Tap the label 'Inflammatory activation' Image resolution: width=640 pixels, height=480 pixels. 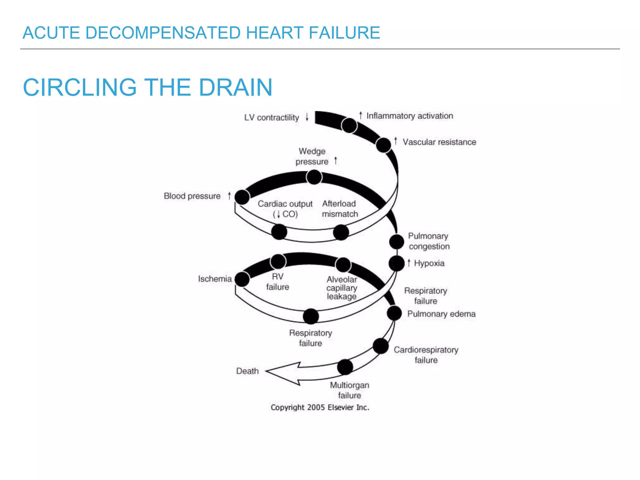(409, 116)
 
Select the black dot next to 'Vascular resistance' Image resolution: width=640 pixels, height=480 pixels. (383, 145)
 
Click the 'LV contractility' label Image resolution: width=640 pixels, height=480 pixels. (272, 118)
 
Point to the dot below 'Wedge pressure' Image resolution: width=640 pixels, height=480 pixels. (314, 177)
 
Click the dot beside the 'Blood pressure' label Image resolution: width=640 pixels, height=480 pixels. (242, 197)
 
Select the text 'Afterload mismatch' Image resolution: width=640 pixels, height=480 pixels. (340, 209)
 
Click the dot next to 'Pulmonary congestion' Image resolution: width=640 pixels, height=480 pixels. (397, 242)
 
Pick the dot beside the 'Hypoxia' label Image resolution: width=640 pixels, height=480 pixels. (397, 263)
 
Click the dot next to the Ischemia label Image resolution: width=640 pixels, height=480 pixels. (242, 279)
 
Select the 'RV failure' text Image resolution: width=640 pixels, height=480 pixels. (277, 282)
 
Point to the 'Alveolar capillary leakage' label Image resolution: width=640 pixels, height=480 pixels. (342, 288)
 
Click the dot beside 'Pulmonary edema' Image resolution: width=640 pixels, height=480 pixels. (394, 313)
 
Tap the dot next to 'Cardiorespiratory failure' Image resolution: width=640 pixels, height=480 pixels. (381, 346)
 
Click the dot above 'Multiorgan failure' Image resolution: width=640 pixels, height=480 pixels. (345, 367)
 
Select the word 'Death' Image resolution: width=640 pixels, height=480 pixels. (247, 371)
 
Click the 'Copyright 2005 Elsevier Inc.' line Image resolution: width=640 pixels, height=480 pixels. (320, 407)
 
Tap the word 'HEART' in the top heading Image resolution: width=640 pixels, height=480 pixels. (275, 33)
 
